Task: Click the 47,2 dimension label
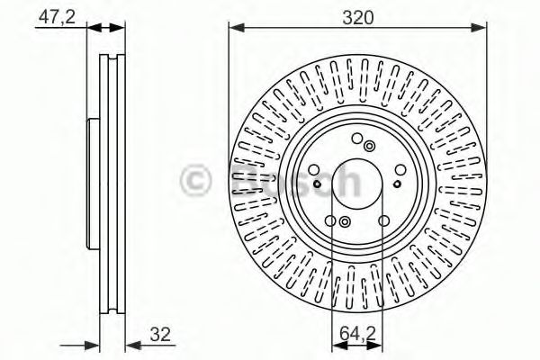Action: tap(57, 17)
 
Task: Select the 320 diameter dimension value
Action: tap(358, 18)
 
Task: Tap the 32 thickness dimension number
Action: tap(160, 334)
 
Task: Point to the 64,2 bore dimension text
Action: tap(358, 334)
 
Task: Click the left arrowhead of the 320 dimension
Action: tap(236, 28)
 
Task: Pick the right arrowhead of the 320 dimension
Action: tap(479, 28)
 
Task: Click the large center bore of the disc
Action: tap(357, 184)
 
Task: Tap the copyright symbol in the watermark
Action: tap(195, 180)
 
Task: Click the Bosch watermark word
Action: tap(296, 180)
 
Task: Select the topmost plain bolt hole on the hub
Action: tap(357, 139)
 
